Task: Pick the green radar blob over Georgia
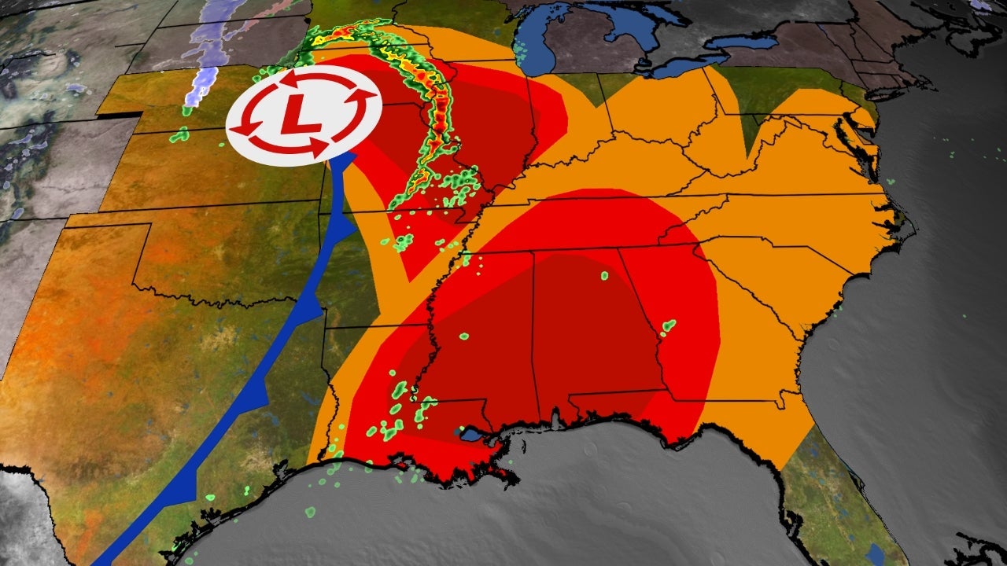(669, 325)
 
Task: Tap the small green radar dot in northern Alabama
(604, 276)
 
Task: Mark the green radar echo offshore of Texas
(310, 512)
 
